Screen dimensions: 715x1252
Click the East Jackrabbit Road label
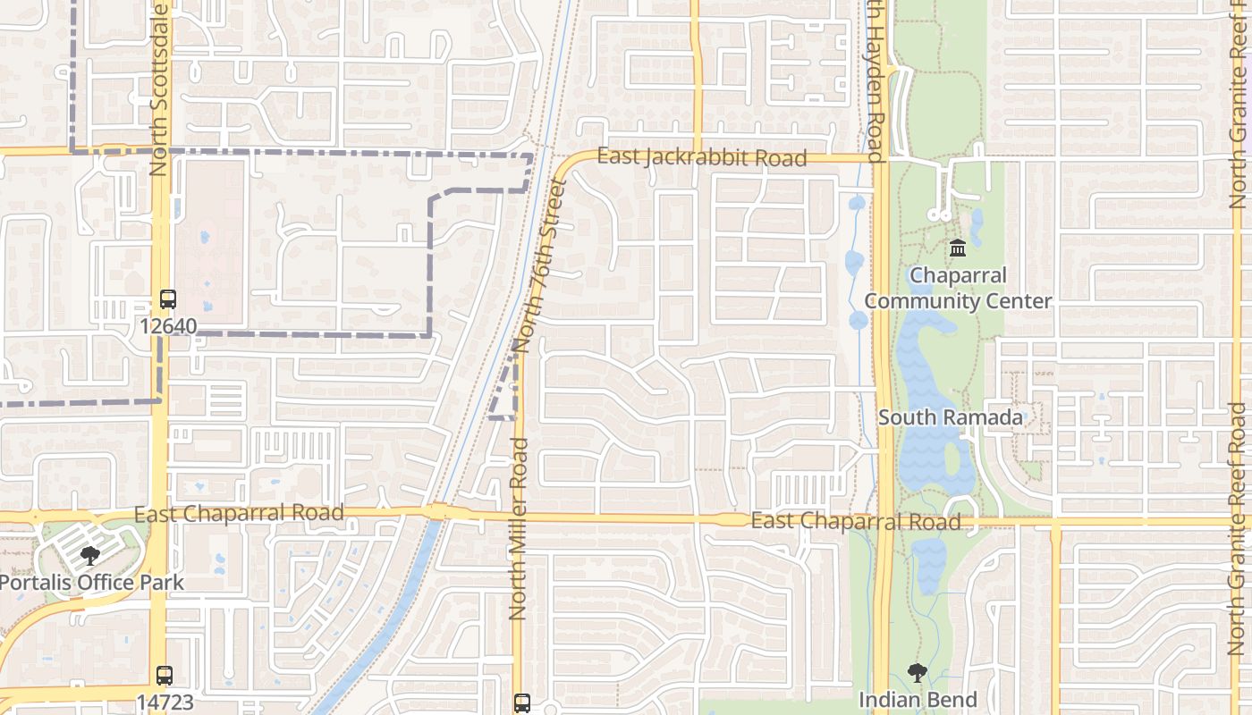(702, 157)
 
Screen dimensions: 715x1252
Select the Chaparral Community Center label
(958, 288)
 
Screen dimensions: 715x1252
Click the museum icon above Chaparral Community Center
(958, 248)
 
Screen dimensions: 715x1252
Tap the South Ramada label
(951, 417)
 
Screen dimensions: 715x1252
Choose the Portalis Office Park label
(90, 583)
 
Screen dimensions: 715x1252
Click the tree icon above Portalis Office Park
(90, 556)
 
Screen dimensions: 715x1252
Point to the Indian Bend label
(918, 700)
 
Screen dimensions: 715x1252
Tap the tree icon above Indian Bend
(917, 673)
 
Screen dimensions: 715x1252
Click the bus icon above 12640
(167, 299)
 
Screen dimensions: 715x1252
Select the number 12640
(167, 326)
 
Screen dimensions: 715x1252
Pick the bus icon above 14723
(164, 676)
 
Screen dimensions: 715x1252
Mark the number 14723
(165, 702)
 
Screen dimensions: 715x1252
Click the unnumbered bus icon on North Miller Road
(521, 702)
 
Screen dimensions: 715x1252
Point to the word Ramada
(983, 417)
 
